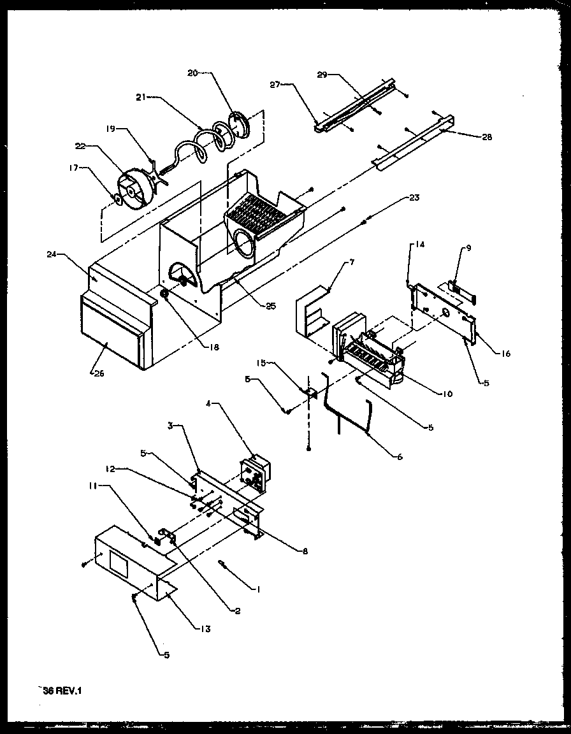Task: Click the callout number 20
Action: [x=192, y=73]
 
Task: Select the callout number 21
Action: [x=141, y=96]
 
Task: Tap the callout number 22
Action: [x=80, y=146]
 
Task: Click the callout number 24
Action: [x=52, y=254]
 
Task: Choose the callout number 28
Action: [x=488, y=137]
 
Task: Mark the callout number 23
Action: [x=414, y=198]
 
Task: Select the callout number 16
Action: [x=505, y=354]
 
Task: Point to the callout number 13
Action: [x=205, y=629]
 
